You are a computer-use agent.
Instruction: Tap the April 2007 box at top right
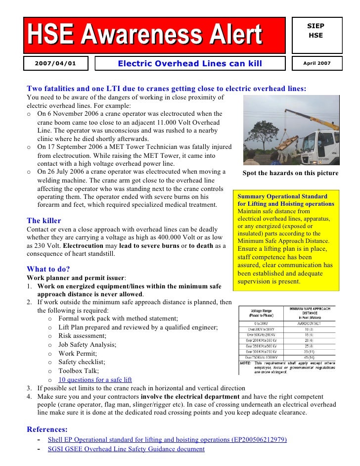click(x=316, y=64)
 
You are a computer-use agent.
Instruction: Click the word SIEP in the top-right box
click(x=316, y=26)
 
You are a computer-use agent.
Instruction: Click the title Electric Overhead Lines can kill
click(x=189, y=64)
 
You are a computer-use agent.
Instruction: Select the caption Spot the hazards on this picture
click(x=290, y=173)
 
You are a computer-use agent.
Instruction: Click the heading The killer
click(x=44, y=221)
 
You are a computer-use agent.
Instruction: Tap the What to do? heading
click(x=48, y=269)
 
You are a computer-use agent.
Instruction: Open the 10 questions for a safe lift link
click(x=95, y=380)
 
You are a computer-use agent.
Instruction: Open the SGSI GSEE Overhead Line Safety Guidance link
click(x=126, y=449)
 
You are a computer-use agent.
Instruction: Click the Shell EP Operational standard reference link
click(x=167, y=439)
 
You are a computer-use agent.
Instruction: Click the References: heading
click(x=47, y=429)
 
